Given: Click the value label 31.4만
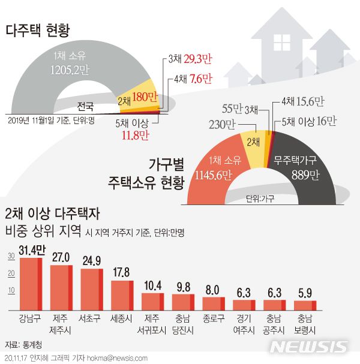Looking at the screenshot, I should [32, 248].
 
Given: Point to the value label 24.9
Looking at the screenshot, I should [91, 260].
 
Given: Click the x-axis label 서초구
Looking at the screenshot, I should [91, 318].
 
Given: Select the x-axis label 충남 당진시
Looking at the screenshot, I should [183, 322].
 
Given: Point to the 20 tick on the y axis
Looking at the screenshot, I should [11, 274].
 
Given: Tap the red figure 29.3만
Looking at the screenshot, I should [198, 59].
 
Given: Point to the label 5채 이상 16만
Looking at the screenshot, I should [309, 122].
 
